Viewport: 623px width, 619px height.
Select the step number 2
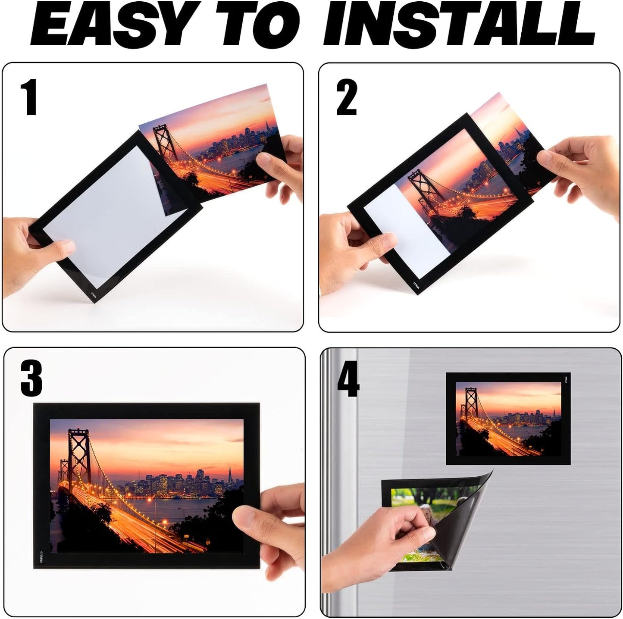(x=346, y=99)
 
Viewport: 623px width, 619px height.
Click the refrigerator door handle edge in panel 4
(x=341, y=474)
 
